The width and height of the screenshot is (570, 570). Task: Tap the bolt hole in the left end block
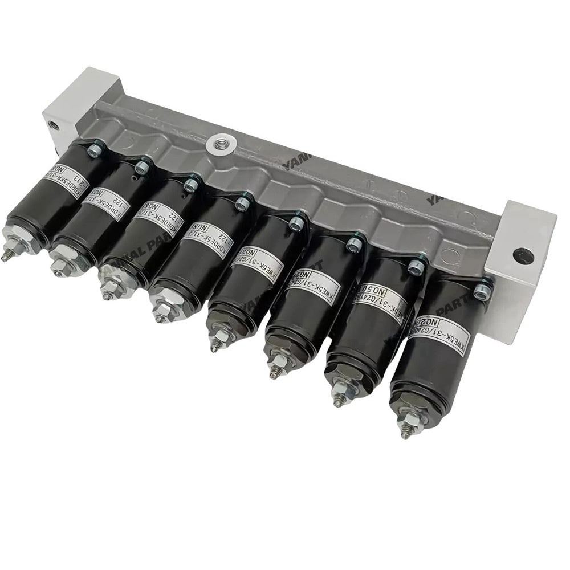click(53, 124)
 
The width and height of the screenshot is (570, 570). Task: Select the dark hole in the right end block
click(523, 256)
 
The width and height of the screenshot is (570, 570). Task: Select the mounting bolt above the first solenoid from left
click(95, 151)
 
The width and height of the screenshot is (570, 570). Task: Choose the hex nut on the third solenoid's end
click(109, 285)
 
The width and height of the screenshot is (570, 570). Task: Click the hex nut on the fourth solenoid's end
click(162, 308)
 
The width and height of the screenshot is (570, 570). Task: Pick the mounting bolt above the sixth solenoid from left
click(354, 244)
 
